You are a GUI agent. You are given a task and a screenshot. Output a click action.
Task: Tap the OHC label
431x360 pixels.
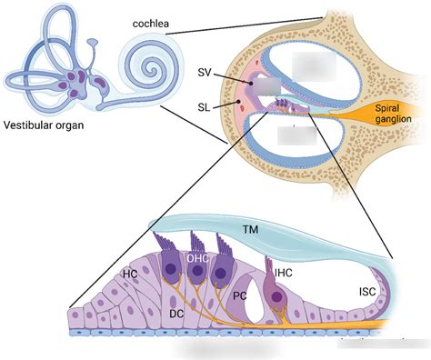(x=198, y=258)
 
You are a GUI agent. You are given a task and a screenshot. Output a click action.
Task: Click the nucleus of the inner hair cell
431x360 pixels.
(x=274, y=296)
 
